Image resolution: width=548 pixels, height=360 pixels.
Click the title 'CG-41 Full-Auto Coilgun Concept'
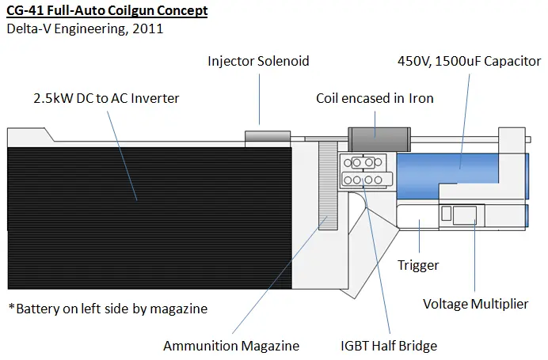pos(107,10)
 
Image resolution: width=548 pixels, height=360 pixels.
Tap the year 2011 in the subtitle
pos(148,28)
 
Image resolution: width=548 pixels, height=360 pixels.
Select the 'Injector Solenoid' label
pos(258,61)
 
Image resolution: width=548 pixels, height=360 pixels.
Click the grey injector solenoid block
pos(268,136)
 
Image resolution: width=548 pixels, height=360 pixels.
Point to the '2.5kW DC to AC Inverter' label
pos(106,98)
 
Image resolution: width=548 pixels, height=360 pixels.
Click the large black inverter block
pos(150,218)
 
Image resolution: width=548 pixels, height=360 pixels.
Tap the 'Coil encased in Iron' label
pos(375,98)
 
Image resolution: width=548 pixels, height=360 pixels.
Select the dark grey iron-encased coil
pos(379,139)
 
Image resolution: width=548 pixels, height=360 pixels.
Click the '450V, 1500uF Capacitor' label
pos(470,61)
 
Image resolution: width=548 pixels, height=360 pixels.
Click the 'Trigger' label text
pos(418,265)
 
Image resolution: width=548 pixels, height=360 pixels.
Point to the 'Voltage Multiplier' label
pos(475,304)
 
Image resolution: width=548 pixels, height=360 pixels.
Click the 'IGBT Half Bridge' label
pos(389,346)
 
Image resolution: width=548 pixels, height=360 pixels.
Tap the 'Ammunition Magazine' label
pos(231,346)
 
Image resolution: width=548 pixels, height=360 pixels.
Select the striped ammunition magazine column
pos(328,185)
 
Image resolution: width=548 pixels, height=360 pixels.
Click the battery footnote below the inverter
pos(108,309)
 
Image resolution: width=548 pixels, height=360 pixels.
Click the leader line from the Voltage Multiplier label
pos(474,256)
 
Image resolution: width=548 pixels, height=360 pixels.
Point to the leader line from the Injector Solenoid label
pos(259,99)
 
